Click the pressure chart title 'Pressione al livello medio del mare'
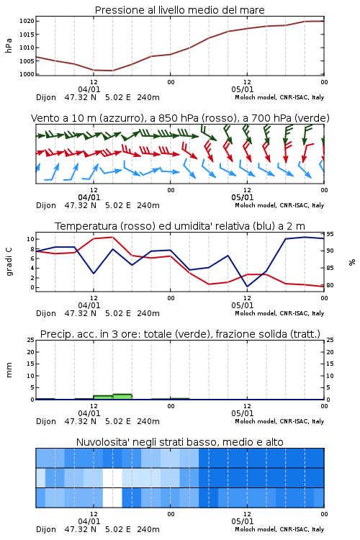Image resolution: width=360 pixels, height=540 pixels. coord(179,10)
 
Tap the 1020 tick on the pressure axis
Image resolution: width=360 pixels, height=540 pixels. coord(27,21)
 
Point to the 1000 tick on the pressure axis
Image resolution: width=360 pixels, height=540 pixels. coord(27,74)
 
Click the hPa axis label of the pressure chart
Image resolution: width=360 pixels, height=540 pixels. coord(9,45)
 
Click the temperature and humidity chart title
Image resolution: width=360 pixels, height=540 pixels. coord(180,226)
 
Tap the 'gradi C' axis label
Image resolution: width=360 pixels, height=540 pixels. coord(9,262)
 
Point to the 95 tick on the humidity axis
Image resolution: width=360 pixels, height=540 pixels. coord(330,234)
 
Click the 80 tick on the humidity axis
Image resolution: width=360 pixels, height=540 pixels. coord(330,285)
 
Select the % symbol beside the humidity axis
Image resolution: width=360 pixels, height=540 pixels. coord(352,262)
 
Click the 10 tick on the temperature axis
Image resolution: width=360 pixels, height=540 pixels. coord(30,239)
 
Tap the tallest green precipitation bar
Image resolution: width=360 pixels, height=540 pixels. coord(122,397)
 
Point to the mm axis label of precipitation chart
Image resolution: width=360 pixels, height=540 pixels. coord(9,370)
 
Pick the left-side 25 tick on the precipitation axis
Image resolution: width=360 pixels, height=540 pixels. coord(31,340)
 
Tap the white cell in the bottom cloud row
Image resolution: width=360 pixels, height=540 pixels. coord(112,498)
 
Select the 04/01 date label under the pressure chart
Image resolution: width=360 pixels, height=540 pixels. coord(89,89)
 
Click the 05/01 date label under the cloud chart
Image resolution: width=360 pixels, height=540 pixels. coord(242,521)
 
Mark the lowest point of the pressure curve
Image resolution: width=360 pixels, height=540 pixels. coord(112,71)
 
